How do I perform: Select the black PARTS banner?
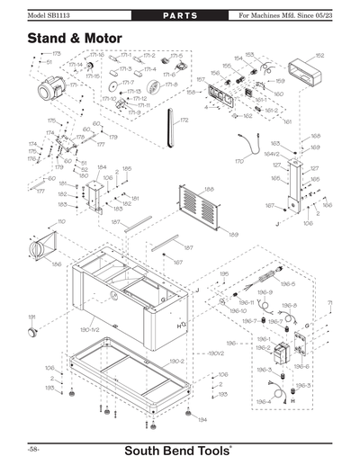point(180,17)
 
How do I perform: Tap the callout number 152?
point(319,55)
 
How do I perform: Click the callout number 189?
point(232,236)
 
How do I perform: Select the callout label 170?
point(238,161)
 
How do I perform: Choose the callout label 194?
point(202,420)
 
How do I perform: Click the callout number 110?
point(61,220)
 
